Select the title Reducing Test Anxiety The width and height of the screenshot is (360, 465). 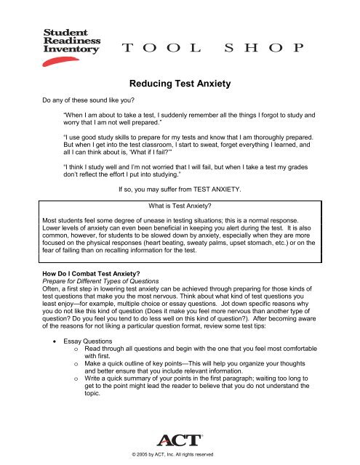tap(180, 84)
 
